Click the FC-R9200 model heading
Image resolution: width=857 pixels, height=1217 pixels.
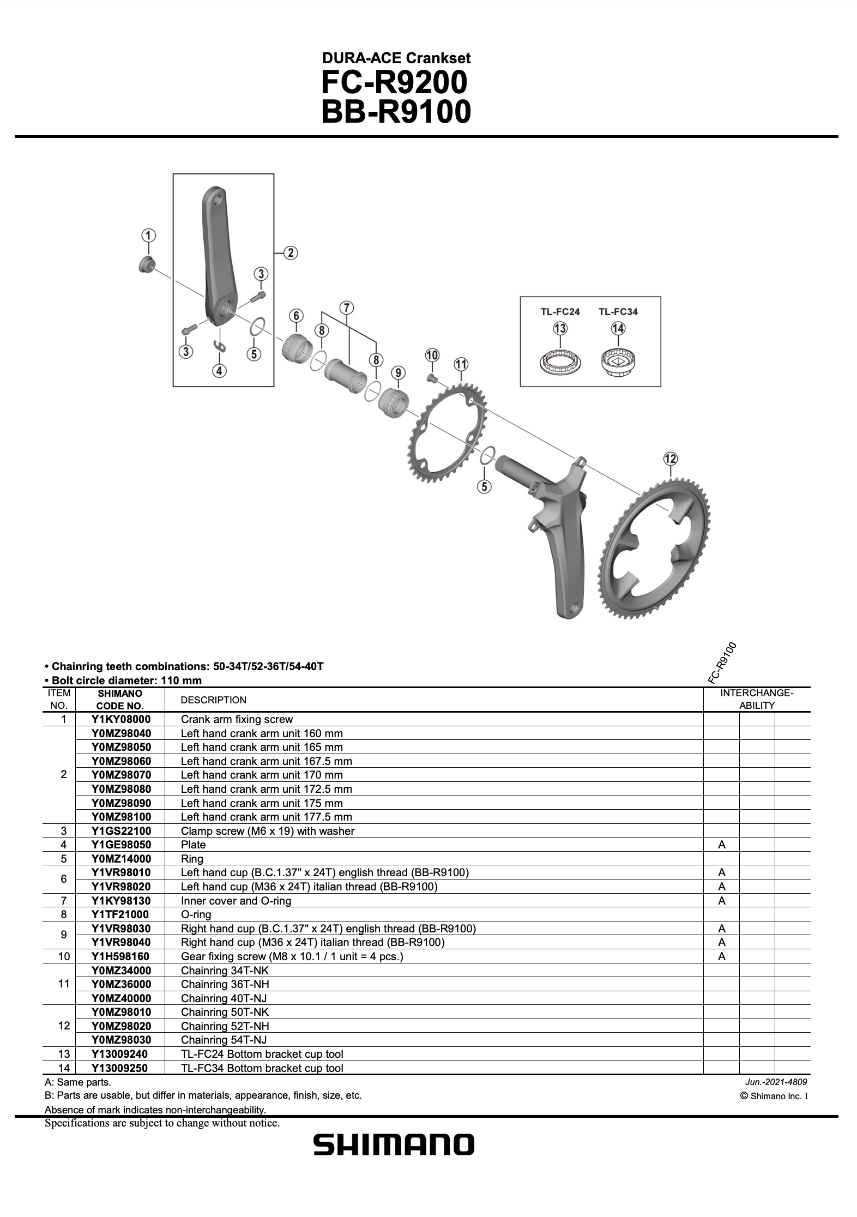point(394,83)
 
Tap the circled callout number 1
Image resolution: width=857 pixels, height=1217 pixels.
point(148,236)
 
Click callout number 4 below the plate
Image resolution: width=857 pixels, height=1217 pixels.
point(219,371)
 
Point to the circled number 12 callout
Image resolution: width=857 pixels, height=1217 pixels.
point(670,459)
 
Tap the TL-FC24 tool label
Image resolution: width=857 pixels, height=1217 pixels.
point(560,312)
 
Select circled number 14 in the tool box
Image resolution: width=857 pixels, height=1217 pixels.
point(618,328)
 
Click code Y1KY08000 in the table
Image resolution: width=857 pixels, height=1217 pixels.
point(121,719)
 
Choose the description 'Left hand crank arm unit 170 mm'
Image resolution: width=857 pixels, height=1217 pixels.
point(262,775)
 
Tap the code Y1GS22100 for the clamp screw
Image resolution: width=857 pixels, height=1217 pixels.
point(121,831)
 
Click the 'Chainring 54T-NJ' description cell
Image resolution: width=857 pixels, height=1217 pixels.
point(224,1040)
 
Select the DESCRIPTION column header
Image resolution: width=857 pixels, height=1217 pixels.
point(213,700)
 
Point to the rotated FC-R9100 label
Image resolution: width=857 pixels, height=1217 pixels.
point(722,662)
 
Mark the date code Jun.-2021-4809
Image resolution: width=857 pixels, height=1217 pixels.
point(776,1082)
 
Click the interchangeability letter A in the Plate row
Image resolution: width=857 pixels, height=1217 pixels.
point(722,845)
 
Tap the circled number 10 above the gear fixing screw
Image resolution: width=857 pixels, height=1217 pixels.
point(432,356)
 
